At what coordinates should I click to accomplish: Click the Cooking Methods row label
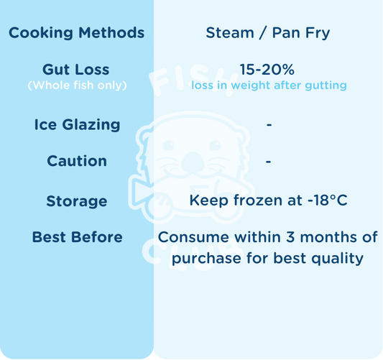pyautogui.click(x=76, y=33)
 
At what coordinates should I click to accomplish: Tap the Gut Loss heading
pyautogui.click(x=76, y=70)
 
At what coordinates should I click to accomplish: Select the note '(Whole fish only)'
pyautogui.click(x=77, y=86)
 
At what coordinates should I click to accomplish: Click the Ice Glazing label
pyautogui.click(x=77, y=125)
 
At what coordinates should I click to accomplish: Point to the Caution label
pyautogui.click(x=77, y=161)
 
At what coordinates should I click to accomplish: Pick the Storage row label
pyautogui.click(x=77, y=201)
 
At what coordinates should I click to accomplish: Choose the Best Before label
pyautogui.click(x=77, y=237)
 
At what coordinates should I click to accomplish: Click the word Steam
pyautogui.click(x=230, y=33)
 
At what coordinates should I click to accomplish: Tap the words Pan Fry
pyautogui.click(x=301, y=33)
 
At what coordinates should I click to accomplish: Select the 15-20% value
pyautogui.click(x=267, y=70)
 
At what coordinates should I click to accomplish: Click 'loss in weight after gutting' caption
pyautogui.click(x=269, y=86)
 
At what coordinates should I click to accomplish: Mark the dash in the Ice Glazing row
pyautogui.click(x=269, y=125)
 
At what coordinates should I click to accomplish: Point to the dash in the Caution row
pyautogui.click(x=268, y=162)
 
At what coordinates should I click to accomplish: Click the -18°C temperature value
pyautogui.click(x=328, y=200)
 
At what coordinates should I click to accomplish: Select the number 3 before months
pyautogui.click(x=290, y=237)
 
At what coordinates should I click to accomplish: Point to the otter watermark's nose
pyautogui.click(x=193, y=162)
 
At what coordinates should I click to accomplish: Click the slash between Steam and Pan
pyautogui.click(x=263, y=33)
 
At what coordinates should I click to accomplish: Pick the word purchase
pyautogui.click(x=206, y=259)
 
